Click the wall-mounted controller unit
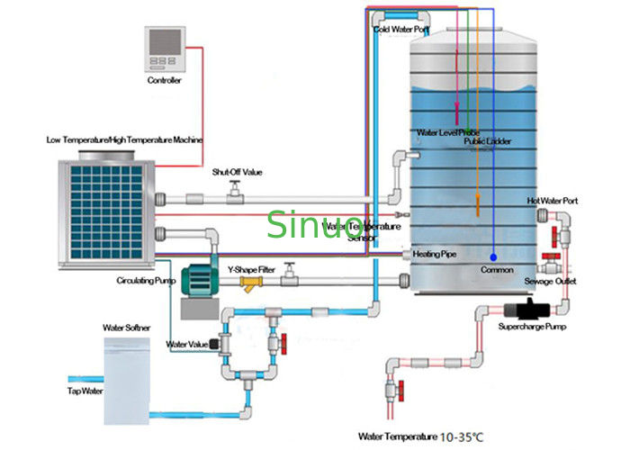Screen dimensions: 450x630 click(x=165, y=49)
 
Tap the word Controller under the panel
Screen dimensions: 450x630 click(x=165, y=80)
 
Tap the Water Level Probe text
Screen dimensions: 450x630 click(x=448, y=132)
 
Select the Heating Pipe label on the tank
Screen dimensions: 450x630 click(x=435, y=255)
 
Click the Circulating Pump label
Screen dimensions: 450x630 click(x=143, y=280)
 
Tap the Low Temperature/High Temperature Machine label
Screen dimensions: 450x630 click(x=125, y=140)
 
